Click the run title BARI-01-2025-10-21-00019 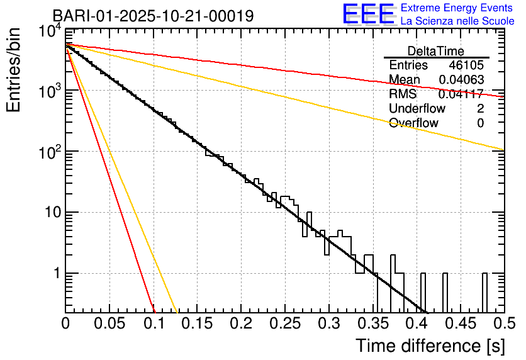[153, 16]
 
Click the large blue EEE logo [368, 14]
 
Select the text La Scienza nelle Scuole [457, 21]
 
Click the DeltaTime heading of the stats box [436, 51]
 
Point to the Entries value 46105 [466, 65]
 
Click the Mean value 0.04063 [461, 80]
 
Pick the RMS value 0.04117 [461, 94]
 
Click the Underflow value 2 [480, 109]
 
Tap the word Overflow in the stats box [413, 123]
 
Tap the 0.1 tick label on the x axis [154, 324]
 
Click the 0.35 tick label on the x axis [372, 324]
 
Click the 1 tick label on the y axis [55, 274]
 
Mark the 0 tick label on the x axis [66, 324]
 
